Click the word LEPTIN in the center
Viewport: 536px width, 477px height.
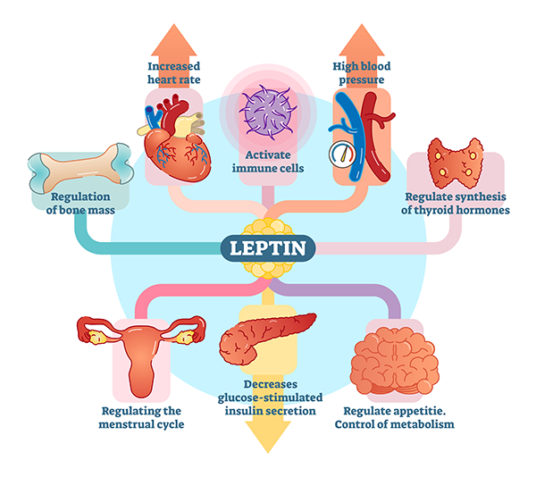[x=268, y=247]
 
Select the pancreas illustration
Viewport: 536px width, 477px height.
[x=265, y=335]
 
